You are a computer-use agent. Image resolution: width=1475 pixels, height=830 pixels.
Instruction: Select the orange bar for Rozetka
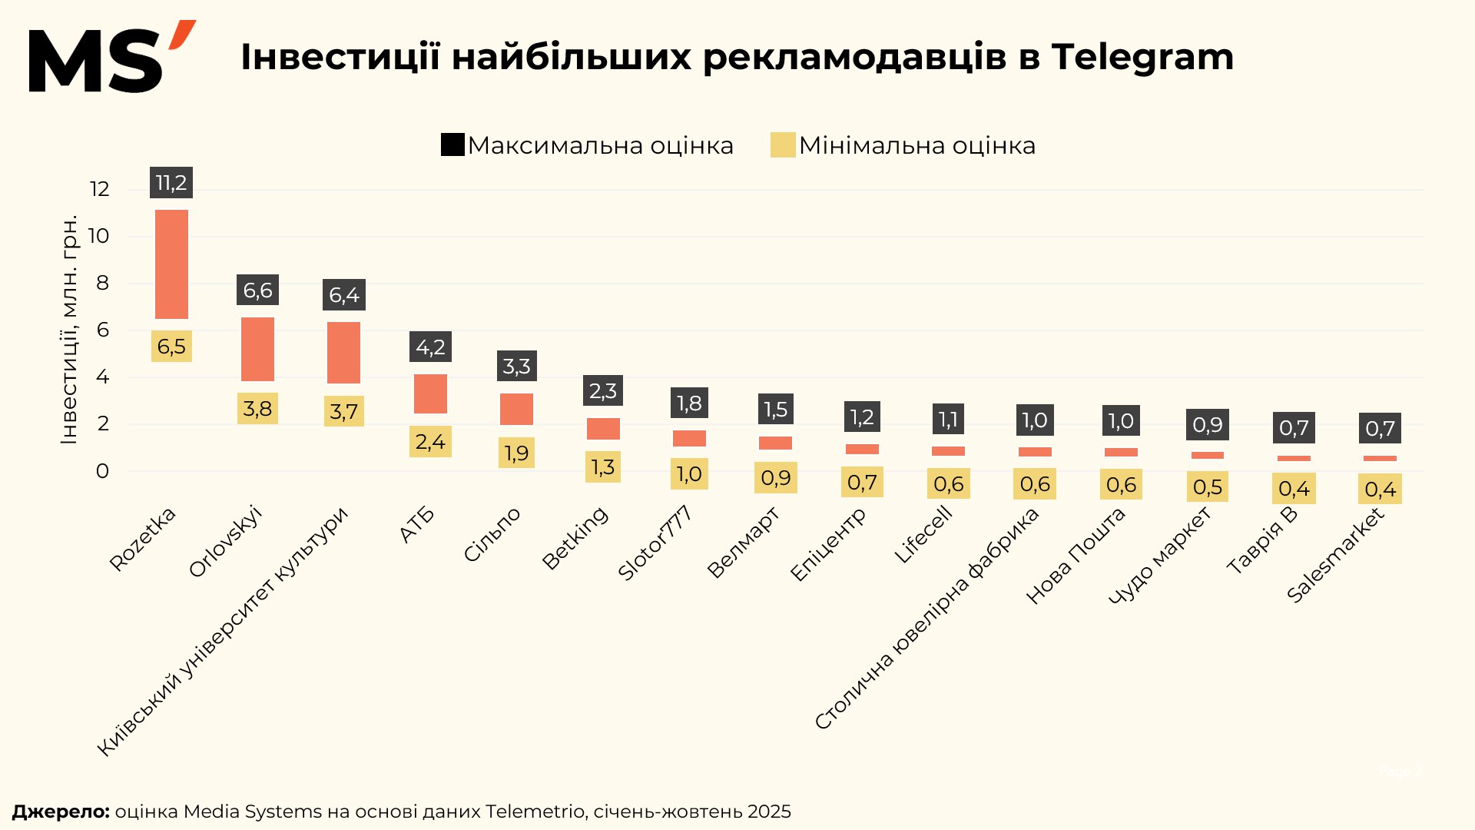[x=171, y=264]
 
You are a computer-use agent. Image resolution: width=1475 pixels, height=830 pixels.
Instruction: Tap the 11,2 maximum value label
[x=171, y=183]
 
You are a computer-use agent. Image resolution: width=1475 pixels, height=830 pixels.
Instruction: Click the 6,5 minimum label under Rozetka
[x=171, y=347]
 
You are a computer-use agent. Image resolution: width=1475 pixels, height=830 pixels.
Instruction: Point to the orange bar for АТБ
[x=430, y=393]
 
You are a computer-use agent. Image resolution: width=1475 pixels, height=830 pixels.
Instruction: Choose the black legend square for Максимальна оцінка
[x=452, y=144]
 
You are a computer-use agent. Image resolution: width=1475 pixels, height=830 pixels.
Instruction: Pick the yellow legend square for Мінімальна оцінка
[x=782, y=144]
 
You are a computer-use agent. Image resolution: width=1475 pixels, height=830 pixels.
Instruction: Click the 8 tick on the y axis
[x=102, y=283]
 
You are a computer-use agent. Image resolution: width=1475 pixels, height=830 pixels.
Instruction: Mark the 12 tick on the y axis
[x=100, y=189]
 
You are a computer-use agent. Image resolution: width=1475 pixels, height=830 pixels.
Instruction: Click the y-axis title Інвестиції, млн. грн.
[x=69, y=329]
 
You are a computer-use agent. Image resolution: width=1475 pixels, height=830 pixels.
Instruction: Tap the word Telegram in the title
[x=1142, y=57]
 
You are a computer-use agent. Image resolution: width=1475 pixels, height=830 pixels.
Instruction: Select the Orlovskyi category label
[x=225, y=542]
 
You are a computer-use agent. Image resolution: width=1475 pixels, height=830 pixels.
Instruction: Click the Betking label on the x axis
[x=575, y=538]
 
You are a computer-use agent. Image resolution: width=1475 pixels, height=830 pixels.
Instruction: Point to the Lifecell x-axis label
[x=923, y=536]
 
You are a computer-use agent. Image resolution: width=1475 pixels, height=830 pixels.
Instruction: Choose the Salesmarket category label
[x=1335, y=555]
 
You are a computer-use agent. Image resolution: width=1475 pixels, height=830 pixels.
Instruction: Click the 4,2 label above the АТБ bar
[x=430, y=347]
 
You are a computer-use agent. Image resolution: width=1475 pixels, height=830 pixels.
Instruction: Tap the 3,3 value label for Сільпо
[x=516, y=367]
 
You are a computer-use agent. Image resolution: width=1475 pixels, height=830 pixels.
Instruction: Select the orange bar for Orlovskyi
[x=257, y=349]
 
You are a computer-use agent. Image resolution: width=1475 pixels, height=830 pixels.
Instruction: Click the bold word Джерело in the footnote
[x=61, y=812]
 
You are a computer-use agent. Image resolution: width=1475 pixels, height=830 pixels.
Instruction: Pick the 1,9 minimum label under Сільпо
[x=516, y=453]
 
